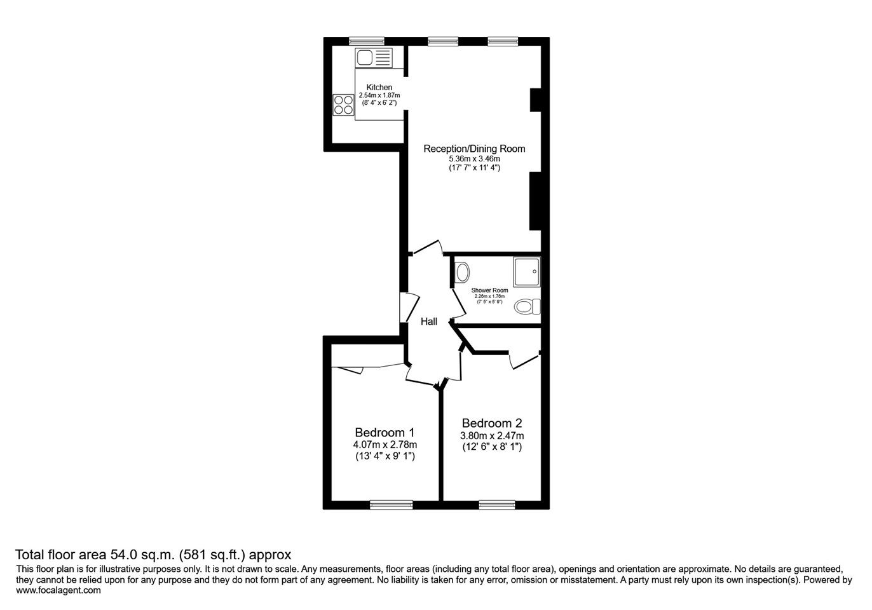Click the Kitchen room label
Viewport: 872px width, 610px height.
(x=379, y=87)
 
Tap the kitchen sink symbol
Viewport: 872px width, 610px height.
(x=373, y=58)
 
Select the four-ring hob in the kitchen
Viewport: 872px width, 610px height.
(x=343, y=104)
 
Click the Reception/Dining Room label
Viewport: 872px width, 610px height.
(x=474, y=149)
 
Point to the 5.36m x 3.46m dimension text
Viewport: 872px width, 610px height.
(x=474, y=159)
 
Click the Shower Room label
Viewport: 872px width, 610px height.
(x=489, y=290)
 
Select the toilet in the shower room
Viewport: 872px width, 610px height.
(x=527, y=307)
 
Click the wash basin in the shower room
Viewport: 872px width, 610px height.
(x=462, y=273)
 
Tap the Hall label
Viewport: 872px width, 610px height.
(x=429, y=322)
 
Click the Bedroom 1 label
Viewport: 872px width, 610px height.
(x=385, y=432)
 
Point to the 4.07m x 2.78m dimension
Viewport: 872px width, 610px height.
(x=385, y=445)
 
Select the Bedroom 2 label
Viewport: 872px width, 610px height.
(x=492, y=423)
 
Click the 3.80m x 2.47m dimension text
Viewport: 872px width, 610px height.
(x=492, y=436)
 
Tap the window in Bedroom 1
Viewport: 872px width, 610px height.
(x=392, y=505)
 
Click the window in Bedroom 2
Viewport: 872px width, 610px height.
(x=497, y=505)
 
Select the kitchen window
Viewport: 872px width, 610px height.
(x=367, y=41)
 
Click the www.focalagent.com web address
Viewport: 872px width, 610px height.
(x=58, y=590)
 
